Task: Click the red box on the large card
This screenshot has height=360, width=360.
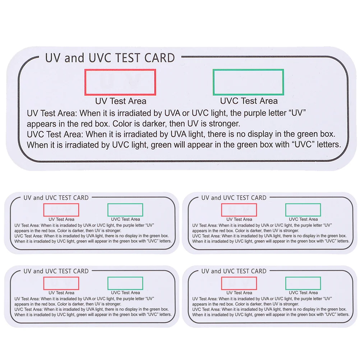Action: click(x=120, y=82)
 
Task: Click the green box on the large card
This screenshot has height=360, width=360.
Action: click(x=248, y=82)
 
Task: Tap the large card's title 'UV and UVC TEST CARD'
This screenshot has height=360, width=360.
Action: click(x=110, y=58)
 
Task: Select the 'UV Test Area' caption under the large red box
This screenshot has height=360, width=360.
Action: click(x=120, y=101)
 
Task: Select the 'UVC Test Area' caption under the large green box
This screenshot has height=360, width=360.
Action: click(x=249, y=101)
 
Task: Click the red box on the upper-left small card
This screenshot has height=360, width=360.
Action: click(x=61, y=210)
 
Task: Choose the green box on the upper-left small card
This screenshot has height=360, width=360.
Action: click(x=125, y=210)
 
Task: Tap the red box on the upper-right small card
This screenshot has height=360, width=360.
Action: click(x=239, y=210)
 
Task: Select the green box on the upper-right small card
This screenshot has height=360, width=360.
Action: click(x=303, y=210)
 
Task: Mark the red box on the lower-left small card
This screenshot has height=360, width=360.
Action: click(x=61, y=283)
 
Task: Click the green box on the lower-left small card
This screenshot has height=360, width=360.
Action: click(x=125, y=283)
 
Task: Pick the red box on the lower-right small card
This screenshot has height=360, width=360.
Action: click(x=239, y=283)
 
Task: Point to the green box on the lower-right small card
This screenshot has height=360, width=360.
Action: click(x=303, y=283)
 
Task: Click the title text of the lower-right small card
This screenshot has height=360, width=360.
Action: click(x=234, y=271)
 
